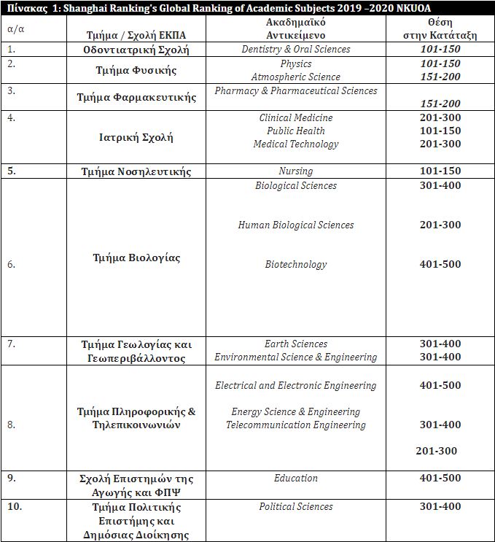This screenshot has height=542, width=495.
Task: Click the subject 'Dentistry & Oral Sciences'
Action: [x=296, y=50]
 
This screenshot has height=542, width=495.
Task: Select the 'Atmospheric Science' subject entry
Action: [x=295, y=77]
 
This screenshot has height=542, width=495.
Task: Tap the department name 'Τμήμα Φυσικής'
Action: [x=136, y=71]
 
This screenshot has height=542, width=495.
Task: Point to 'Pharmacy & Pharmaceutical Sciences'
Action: [x=296, y=91]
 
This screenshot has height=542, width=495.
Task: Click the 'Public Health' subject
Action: [x=296, y=131]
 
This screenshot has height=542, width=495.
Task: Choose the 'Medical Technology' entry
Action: [x=296, y=144]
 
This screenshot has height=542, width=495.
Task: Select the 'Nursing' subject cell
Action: [x=296, y=171]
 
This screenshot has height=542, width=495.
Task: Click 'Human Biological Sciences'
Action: [x=296, y=225]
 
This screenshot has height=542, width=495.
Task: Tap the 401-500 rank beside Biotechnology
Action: [x=440, y=264]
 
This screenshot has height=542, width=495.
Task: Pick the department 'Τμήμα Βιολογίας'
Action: [x=136, y=258]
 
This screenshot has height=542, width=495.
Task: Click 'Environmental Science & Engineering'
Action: [x=296, y=357]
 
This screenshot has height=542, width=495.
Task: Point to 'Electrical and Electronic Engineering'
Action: [x=296, y=385]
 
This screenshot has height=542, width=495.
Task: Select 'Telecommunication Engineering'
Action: [x=296, y=425]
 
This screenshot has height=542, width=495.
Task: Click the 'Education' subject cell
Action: [x=296, y=479]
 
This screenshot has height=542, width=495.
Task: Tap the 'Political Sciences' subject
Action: [x=296, y=507]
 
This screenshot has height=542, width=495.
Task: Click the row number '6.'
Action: [x=12, y=265]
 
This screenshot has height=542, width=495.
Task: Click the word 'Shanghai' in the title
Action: [x=92, y=8]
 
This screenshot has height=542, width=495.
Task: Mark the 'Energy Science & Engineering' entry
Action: [x=296, y=412]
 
